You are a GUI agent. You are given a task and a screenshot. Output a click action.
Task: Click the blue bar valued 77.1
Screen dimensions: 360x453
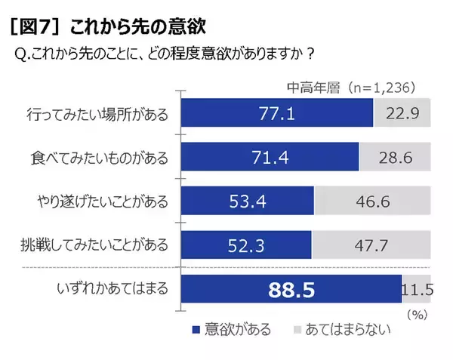tap(276, 114)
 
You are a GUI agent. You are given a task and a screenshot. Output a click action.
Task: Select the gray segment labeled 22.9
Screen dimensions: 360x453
tap(402, 114)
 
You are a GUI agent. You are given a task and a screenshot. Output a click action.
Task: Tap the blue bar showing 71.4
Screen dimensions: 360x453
tap(269, 158)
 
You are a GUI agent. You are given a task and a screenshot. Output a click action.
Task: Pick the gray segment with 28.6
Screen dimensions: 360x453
tap(394, 158)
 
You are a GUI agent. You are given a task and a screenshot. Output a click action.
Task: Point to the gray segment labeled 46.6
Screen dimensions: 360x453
tap(371, 202)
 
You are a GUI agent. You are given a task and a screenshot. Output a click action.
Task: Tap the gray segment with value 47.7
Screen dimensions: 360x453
tap(370, 245)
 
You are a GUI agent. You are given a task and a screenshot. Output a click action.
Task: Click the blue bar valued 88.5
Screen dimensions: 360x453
tap(291, 289)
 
